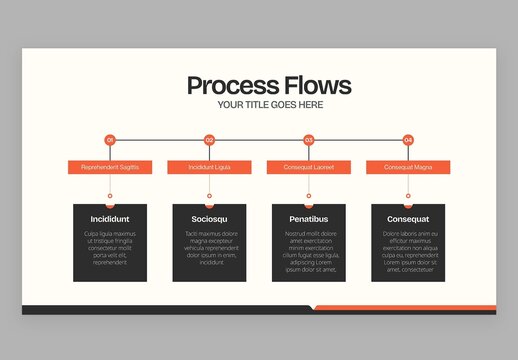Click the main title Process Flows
tap(269, 85)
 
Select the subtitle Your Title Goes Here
tap(269, 105)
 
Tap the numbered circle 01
tap(110, 140)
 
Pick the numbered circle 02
tap(209, 140)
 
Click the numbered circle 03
tap(309, 140)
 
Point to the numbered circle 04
tap(408, 140)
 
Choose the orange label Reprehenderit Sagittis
tap(110, 167)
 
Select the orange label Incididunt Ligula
tap(209, 167)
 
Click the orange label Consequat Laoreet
tap(309, 167)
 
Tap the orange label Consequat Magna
tap(408, 167)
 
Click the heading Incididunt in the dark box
tap(110, 218)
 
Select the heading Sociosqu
tap(209, 218)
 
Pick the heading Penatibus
tap(309, 218)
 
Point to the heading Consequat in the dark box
tap(408, 218)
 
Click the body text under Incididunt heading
tap(110, 248)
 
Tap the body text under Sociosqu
tap(209, 248)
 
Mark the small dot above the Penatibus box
tap(309, 195)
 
